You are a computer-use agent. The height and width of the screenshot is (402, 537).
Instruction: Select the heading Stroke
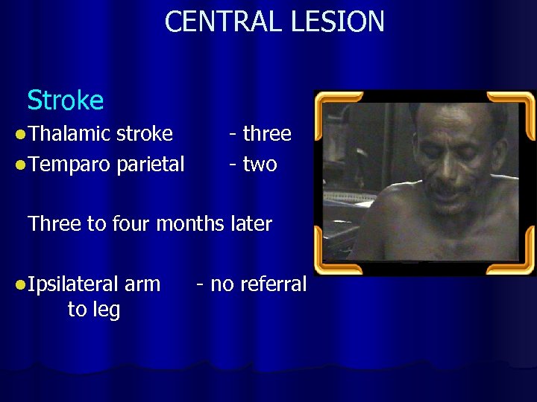click(x=65, y=100)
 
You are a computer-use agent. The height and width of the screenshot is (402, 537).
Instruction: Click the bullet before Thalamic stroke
click(x=20, y=135)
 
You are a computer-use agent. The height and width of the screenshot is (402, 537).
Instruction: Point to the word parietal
click(x=151, y=165)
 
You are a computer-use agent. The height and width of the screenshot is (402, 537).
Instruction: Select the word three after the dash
click(x=267, y=134)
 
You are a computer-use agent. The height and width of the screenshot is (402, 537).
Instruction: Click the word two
click(x=260, y=165)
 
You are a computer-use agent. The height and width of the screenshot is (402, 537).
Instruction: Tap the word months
click(x=188, y=224)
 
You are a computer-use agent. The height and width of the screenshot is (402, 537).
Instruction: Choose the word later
click(x=249, y=224)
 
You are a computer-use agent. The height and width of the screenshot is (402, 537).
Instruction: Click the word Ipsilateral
click(x=75, y=284)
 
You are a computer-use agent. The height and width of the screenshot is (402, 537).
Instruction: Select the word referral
click(x=272, y=284)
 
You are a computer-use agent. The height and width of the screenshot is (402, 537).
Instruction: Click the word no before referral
click(x=221, y=284)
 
